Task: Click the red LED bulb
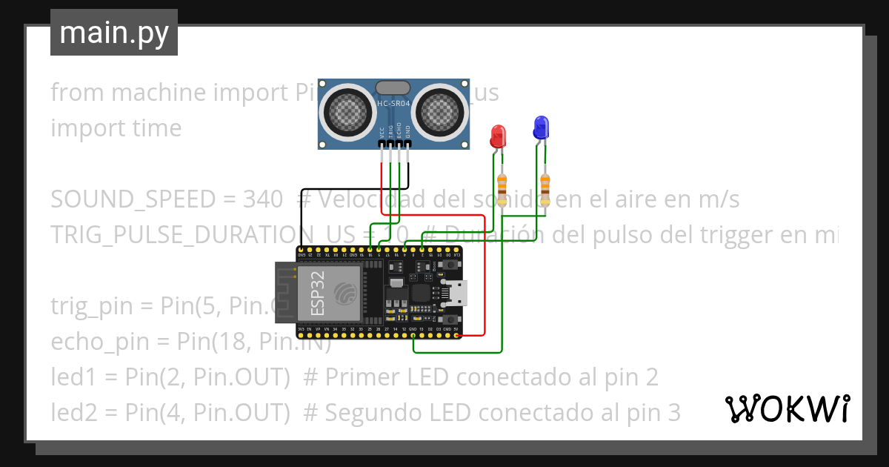click(498, 136)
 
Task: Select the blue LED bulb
click(542, 127)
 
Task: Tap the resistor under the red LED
click(503, 190)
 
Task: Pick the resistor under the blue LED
click(546, 190)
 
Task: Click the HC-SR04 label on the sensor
click(393, 104)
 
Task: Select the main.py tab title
click(113, 33)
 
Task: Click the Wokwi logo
click(788, 408)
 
